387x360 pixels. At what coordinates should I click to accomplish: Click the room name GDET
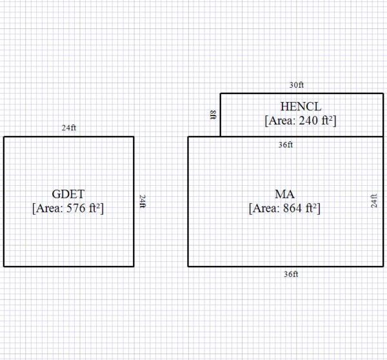[x=68, y=194]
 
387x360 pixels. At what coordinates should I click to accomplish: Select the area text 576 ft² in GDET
[x=68, y=208]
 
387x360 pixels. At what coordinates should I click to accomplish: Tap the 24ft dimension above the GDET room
[x=69, y=128]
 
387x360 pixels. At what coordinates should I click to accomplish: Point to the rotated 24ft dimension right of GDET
[x=143, y=201]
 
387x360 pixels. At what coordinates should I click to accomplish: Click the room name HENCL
[x=301, y=106]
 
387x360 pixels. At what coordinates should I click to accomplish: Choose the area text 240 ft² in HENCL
[x=301, y=120]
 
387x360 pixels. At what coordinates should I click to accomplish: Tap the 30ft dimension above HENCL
[x=297, y=85]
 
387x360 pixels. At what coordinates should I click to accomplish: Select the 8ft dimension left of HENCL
[x=213, y=115]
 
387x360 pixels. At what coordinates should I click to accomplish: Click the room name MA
[x=284, y=194]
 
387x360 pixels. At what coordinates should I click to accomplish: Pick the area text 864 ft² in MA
[x=284, y=208]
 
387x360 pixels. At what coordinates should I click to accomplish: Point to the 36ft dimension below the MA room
[x=291, y=274]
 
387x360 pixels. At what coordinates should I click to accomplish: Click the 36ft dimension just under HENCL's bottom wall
[x=286, y=145]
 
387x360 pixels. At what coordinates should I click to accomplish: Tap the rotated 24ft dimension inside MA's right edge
[x=373, y=201]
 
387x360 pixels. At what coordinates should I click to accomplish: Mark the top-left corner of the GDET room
[x=4, y=137]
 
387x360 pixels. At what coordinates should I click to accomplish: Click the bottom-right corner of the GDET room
[x=134, y=266]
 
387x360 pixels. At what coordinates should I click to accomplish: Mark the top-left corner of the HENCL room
[x=221, y=94]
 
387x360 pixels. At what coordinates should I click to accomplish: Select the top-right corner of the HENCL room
[x=383, y=94]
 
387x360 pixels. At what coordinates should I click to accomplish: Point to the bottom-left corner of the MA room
[x=188, y=266]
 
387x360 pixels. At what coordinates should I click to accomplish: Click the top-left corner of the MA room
[x=188, y=137]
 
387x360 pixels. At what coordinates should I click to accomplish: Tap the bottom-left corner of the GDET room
[x=4, y=266]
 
